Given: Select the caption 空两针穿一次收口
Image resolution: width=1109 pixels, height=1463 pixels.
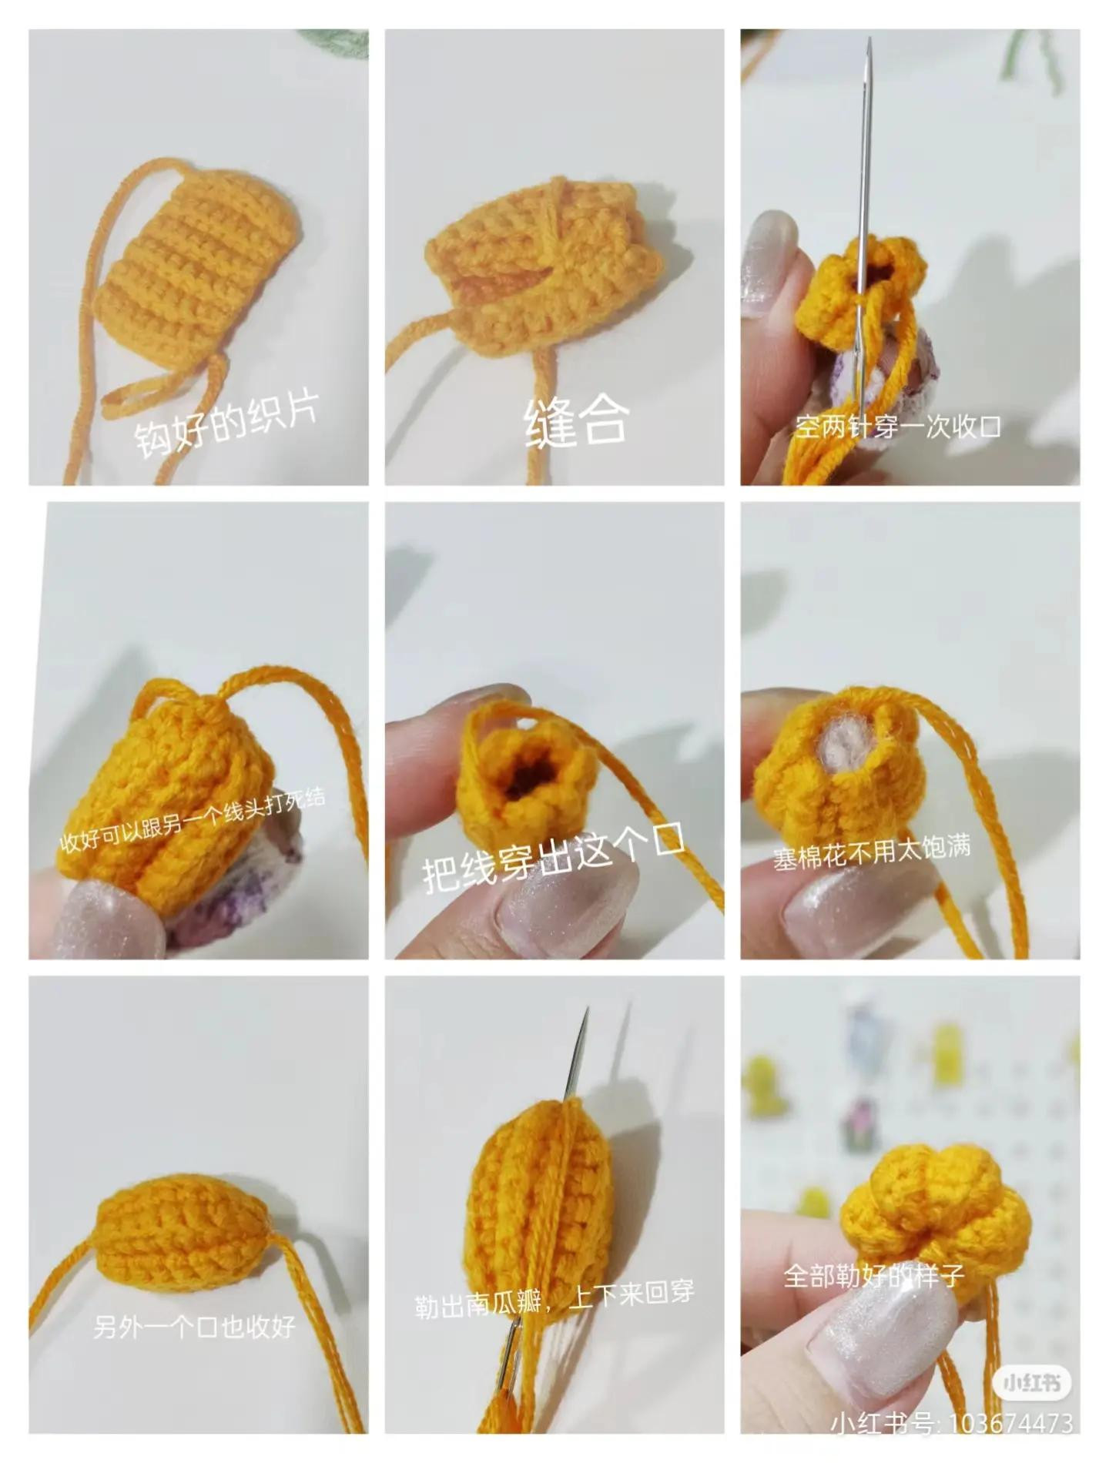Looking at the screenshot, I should pyautogui.click(x=898, y=427).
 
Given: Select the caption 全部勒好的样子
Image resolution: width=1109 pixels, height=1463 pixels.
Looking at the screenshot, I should pyautogui.click(x=873, y=1275).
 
